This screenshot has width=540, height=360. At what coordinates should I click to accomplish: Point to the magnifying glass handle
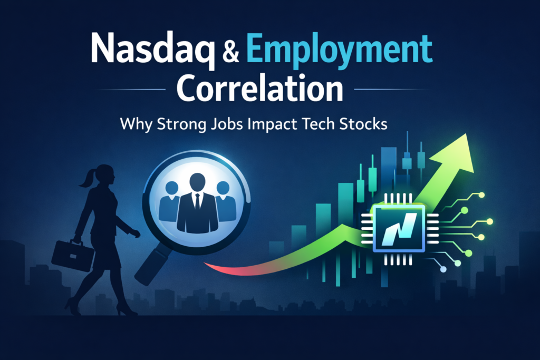click(x=152, y=264)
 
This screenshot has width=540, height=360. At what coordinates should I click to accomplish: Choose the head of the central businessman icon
click(x=196, y=182)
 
